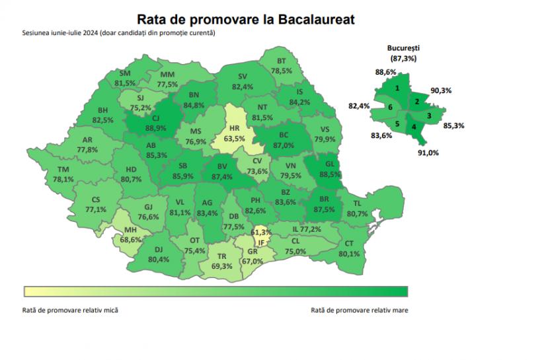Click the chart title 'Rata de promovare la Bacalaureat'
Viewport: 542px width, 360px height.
[x=245, y=19]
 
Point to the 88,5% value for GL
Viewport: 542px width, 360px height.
[x=332, y=174]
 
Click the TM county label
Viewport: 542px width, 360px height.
[x=63, y=170]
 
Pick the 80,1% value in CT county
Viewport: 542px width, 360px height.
[x=349, y=253]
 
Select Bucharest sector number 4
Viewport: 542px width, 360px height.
[x=414, y=126]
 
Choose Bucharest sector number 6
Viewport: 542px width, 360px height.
[x=391, y=107]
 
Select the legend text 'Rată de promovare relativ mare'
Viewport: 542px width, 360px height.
[x=359, y=308]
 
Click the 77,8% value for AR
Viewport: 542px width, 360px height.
[x=87, y=149]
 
